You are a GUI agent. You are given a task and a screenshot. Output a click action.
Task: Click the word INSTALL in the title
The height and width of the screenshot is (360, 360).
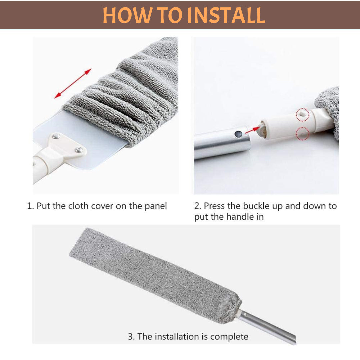click(226, 15)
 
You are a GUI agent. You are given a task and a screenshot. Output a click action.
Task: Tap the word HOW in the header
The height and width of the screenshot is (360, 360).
click(127, 15)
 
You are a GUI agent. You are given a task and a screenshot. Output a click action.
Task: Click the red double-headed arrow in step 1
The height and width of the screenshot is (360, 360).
click(73, 83)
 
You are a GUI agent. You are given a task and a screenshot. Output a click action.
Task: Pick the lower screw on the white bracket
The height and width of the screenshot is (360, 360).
click(79, 150)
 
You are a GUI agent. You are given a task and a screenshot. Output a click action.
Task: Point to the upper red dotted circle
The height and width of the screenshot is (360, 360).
click(302, 115)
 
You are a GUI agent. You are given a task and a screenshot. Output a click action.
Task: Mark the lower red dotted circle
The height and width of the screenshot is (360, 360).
click(302, 133)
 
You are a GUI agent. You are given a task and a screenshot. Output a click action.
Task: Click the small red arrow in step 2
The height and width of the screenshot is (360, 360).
click(252, 130)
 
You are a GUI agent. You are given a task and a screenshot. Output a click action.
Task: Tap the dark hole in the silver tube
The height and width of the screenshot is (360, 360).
click(238, 134)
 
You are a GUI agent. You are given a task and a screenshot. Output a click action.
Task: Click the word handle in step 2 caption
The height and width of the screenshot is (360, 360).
click(236, 217)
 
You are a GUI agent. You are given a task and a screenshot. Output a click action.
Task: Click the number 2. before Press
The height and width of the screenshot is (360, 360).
click(198, 206)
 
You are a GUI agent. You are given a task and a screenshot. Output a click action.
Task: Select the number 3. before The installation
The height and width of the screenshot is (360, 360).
click(131, 337)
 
